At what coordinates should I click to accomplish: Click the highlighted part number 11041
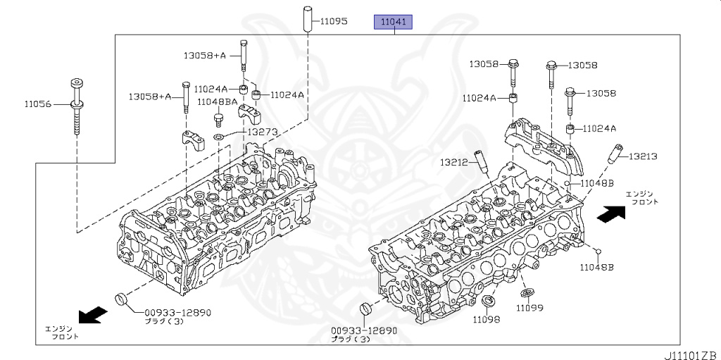(393, 22)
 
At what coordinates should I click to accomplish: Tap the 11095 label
(334, 21)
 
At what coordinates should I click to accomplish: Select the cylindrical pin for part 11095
(307, 19)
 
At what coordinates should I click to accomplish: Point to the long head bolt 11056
(77, 107)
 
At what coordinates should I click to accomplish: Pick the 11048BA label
(218, 101)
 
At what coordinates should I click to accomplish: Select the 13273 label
(263, 132)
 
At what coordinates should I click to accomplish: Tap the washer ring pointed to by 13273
(219, 136)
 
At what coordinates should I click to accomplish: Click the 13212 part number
(454, 162)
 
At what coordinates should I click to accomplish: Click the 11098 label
(487, 319)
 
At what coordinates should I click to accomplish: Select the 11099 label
(529, 308)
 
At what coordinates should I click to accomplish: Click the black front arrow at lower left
(94, 316)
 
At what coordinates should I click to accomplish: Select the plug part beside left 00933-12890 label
(121, 298)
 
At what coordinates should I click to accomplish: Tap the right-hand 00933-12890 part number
(363, 331)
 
